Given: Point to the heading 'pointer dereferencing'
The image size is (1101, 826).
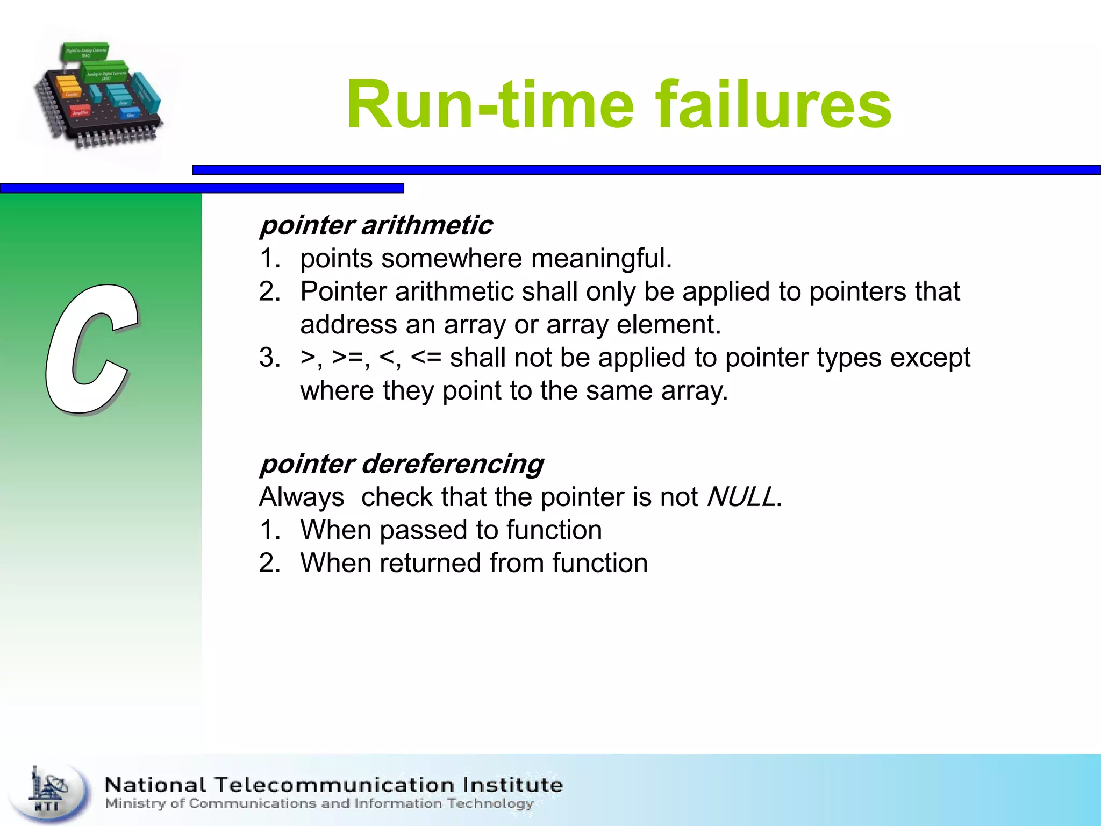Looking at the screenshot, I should [401, 464].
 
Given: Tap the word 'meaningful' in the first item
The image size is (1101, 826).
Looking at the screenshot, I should [600, 259].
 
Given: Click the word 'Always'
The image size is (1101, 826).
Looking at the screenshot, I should [301, 497].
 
